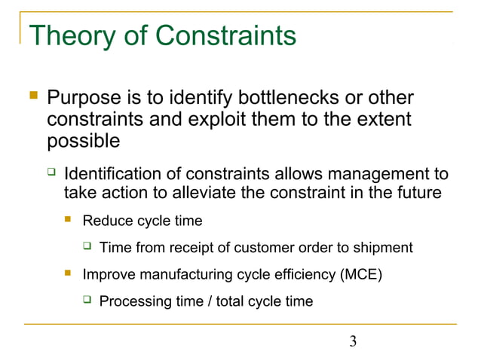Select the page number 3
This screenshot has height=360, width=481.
[x=353, y=343]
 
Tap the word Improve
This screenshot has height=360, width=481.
[x=106, y=274]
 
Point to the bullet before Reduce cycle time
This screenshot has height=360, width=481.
[x=69, y=221]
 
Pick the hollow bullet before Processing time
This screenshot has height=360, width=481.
[x=87, y=301]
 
